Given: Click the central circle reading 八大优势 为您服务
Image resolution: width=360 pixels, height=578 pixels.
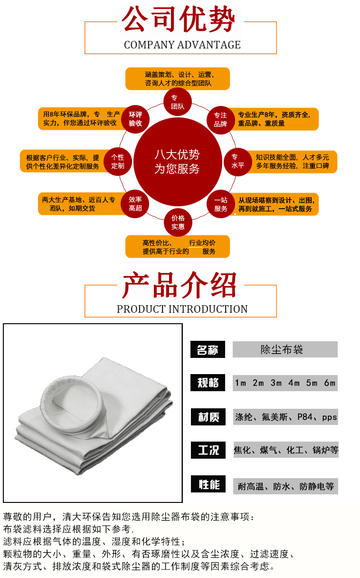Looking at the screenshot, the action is pos(178,162).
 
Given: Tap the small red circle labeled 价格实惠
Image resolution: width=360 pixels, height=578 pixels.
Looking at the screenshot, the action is pos(178,222).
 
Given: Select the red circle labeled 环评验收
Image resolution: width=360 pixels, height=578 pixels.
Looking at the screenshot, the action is pos(135,119).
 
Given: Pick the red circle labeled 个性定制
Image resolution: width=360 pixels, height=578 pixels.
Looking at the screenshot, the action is pos(118,162).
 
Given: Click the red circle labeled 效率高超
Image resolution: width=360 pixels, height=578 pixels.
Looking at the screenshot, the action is pos(135,204).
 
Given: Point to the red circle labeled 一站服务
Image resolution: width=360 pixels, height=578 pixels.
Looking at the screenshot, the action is pos(221,204).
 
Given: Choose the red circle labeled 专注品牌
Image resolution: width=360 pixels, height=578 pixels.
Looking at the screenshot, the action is pos(220,120).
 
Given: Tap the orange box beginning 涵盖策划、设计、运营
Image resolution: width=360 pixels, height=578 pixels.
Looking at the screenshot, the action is pos(178,79).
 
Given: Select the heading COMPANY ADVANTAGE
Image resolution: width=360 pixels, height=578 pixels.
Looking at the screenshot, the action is pos(182,45).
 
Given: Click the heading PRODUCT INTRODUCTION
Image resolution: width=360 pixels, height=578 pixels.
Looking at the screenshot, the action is pos(182,309).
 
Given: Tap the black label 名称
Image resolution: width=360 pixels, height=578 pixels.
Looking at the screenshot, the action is pos(208,349).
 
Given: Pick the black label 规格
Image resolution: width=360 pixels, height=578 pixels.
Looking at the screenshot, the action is pos(208,383).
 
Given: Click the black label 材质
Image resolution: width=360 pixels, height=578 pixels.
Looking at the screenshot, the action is pos(208,417).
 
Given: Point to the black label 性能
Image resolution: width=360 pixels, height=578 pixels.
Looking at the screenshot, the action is pos(208,484).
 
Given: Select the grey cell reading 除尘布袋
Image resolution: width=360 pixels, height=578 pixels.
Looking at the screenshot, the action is pos(285,349).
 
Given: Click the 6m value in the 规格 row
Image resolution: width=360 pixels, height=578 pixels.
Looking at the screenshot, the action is pos(330,383).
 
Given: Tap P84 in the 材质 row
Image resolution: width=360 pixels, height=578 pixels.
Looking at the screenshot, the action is pos(305,417).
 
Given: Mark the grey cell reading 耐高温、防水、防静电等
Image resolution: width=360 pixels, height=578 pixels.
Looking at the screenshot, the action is pos(286,486).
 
